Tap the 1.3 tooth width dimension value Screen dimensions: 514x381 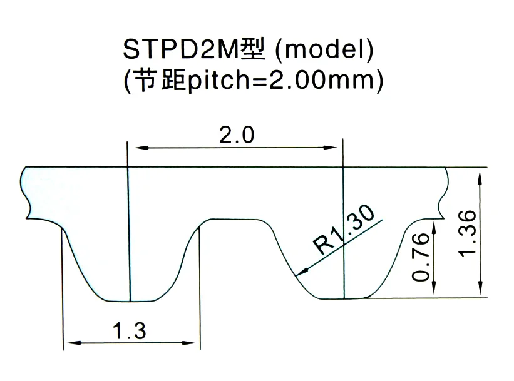point(130,330)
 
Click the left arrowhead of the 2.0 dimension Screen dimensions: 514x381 point(134,148)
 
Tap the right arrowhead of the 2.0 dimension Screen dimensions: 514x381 point(337,148)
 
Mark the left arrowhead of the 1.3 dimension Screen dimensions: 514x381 point(70,342)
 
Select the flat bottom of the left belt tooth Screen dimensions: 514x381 point(129,300)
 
